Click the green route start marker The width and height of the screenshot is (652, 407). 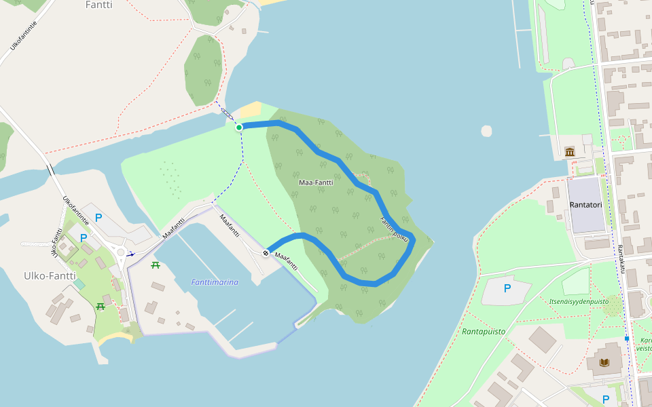[239, 127]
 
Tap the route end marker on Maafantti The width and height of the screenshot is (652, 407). [266, 253]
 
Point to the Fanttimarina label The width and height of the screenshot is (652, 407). [215, 282]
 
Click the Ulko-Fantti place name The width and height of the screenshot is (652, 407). [50, 276]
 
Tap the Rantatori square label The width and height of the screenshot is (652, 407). [585, 204]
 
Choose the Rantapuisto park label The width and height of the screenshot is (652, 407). [484, 332]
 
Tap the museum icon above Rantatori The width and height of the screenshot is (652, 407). [569, 151]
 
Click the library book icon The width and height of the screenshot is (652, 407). [604, 362]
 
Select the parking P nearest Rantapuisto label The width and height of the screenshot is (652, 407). [507, 288]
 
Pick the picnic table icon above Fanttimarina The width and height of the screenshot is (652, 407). [156, 265]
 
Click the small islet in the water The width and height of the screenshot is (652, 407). [486, 131]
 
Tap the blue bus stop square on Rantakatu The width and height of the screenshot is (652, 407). [627, 338]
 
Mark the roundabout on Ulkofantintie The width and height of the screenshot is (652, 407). [121, 253]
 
